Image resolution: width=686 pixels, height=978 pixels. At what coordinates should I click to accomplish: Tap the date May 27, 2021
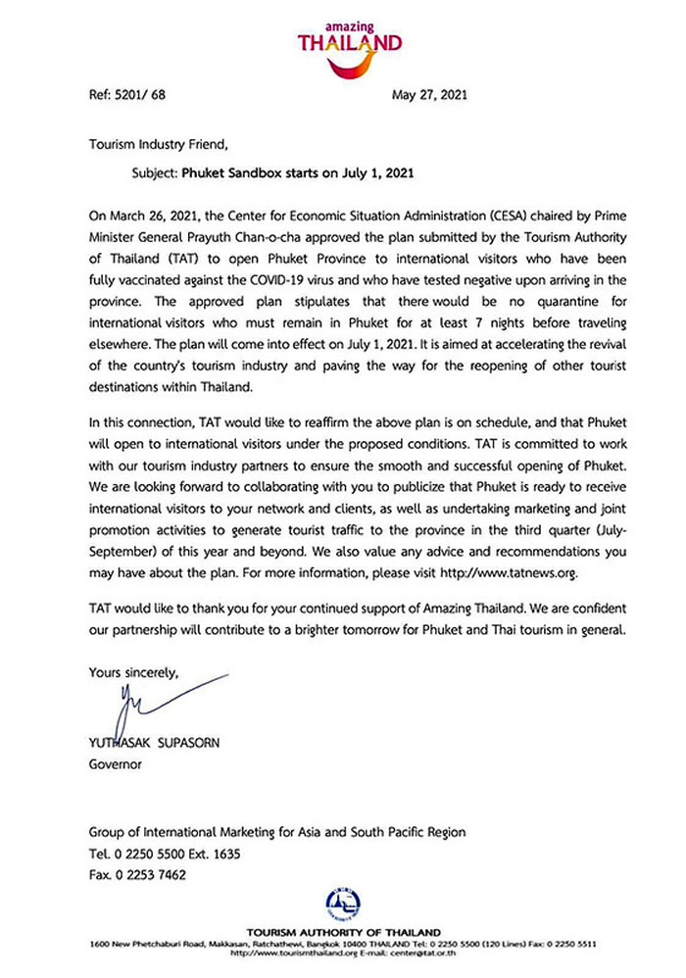point(429,96)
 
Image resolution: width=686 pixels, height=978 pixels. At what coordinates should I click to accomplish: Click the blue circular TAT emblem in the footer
point(342,904)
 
